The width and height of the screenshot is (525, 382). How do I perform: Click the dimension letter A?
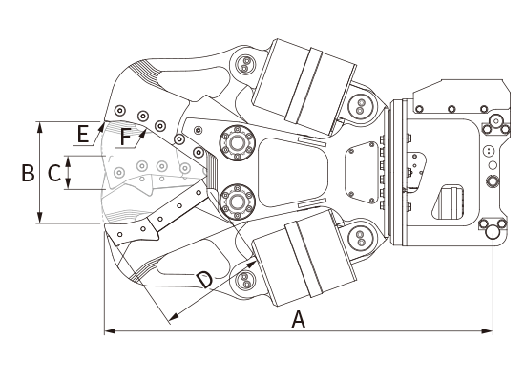[x=299, y=319]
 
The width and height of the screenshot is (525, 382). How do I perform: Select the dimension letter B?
[x=28, y=173]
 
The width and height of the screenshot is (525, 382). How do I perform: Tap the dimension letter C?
[x=54, y=173]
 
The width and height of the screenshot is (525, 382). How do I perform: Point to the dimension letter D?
[x=204, y=280]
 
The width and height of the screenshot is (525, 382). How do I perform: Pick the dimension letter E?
[x=83, y=134]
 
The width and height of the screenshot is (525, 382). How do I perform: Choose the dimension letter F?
[x=125, y=138]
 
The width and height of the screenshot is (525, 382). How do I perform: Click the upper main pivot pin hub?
[x=237, y=143]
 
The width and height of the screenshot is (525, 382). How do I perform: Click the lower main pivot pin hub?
[x=237, y=202]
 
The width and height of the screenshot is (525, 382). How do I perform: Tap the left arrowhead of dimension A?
[x=110, y=331]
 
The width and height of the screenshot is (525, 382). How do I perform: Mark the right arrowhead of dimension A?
[x=487, y=331]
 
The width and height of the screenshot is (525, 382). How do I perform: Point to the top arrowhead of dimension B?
[x=40, y=127]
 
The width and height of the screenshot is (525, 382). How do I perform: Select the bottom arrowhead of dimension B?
[x=40, y=217]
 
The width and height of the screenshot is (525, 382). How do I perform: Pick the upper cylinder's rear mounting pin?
[x=360, y=106]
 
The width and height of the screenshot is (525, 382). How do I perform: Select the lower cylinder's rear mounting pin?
[x=360, y=238]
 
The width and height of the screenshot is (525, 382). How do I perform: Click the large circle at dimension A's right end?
[x=493, y=232]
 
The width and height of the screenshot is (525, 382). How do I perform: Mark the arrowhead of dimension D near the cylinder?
[x=251, y=264]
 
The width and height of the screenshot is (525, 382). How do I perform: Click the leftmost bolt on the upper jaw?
[x=120, y=110]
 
